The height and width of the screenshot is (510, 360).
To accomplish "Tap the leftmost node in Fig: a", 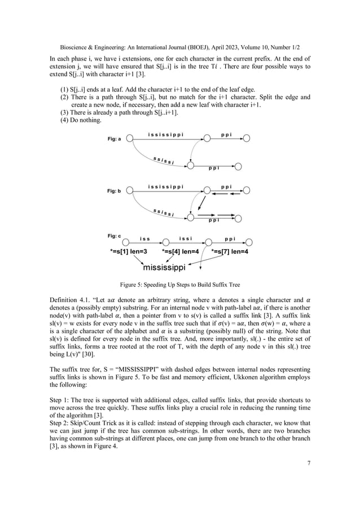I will pyautogui.click(x=130, y=138).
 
